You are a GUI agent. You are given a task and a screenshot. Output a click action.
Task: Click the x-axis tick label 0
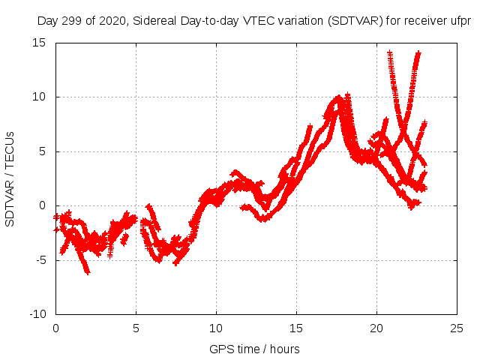pos(55,328)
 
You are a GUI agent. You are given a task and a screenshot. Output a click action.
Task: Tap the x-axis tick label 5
pos(136,328)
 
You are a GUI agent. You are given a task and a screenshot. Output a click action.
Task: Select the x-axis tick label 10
pos(216,328)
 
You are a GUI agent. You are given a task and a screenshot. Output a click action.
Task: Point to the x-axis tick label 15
pos(296,328)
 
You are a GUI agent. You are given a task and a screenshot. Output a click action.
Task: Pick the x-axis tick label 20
pos(376,328)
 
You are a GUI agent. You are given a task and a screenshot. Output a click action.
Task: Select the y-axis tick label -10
pos(37,314)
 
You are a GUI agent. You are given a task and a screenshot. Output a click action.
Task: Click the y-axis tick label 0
pos(43,205)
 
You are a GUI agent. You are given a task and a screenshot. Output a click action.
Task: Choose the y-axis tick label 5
pos(43,151)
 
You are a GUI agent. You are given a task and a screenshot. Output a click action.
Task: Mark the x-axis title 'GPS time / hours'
pos(255,349)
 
